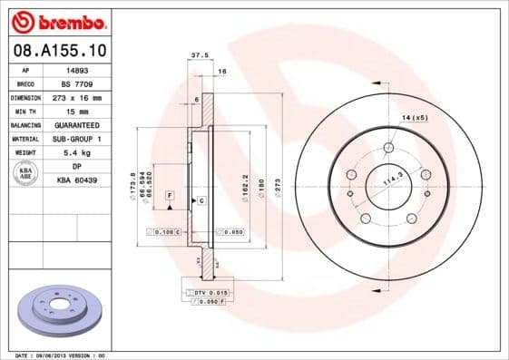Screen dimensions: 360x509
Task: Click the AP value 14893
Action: (77, 69)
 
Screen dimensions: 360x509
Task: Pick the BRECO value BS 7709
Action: (77, 83)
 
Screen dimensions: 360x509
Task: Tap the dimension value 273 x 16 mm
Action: (77, 96)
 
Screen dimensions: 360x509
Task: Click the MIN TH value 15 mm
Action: (77, 110)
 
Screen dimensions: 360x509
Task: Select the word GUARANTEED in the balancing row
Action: (77, 124)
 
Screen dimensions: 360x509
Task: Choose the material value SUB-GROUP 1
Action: (77, 138)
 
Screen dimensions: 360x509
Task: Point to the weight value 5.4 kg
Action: (77, 152)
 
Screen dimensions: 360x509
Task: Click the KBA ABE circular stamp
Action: (25, 173)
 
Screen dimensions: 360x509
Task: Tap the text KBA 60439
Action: (77, 180)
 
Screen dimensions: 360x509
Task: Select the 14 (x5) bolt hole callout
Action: (415, 118)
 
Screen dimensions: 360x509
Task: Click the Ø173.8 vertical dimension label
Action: (133, 181)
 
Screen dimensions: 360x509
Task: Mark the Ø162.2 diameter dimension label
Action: (246, 187)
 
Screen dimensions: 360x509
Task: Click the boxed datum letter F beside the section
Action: (169, 195)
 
